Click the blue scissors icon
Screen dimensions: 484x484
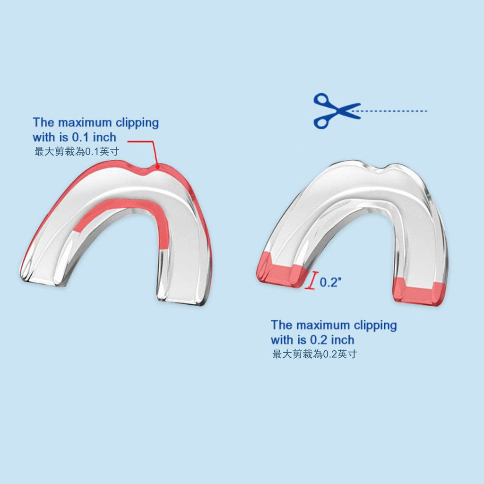coord(337,111)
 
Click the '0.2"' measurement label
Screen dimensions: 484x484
coord(330,282)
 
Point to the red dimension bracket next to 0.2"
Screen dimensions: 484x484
coord(312,280)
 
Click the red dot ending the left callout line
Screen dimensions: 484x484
coord(157,167)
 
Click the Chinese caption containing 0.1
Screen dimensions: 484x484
coord(77,152)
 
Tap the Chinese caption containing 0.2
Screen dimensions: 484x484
coord(314,354)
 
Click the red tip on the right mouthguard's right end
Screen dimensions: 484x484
coord(420,292)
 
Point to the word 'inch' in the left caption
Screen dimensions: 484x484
coord(104,137)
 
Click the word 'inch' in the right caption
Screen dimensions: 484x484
coord(343,340)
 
